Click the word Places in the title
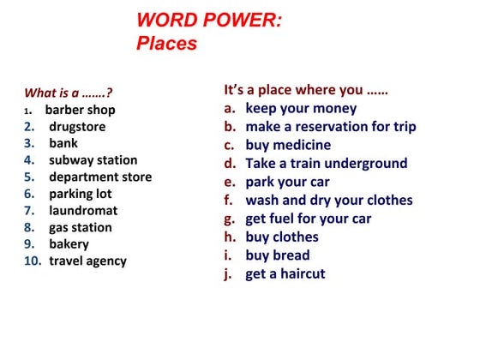[166, 43]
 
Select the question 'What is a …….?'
[69, 93]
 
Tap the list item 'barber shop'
[80, 110]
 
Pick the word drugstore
[77, 126]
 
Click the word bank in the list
[63, 143]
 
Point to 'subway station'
[93, 159]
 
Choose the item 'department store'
[100, 177]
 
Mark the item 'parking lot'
[80, 194]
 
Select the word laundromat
[83, 210]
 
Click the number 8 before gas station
[28, 227]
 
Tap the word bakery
[69, 243]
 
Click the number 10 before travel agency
[33, 261]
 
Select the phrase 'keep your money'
[301, 108]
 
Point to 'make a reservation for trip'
[331, 126]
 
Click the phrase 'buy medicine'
[288, 145]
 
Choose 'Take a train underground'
[327, 163]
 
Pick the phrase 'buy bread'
[278, 255]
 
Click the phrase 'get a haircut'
[285, 273]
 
